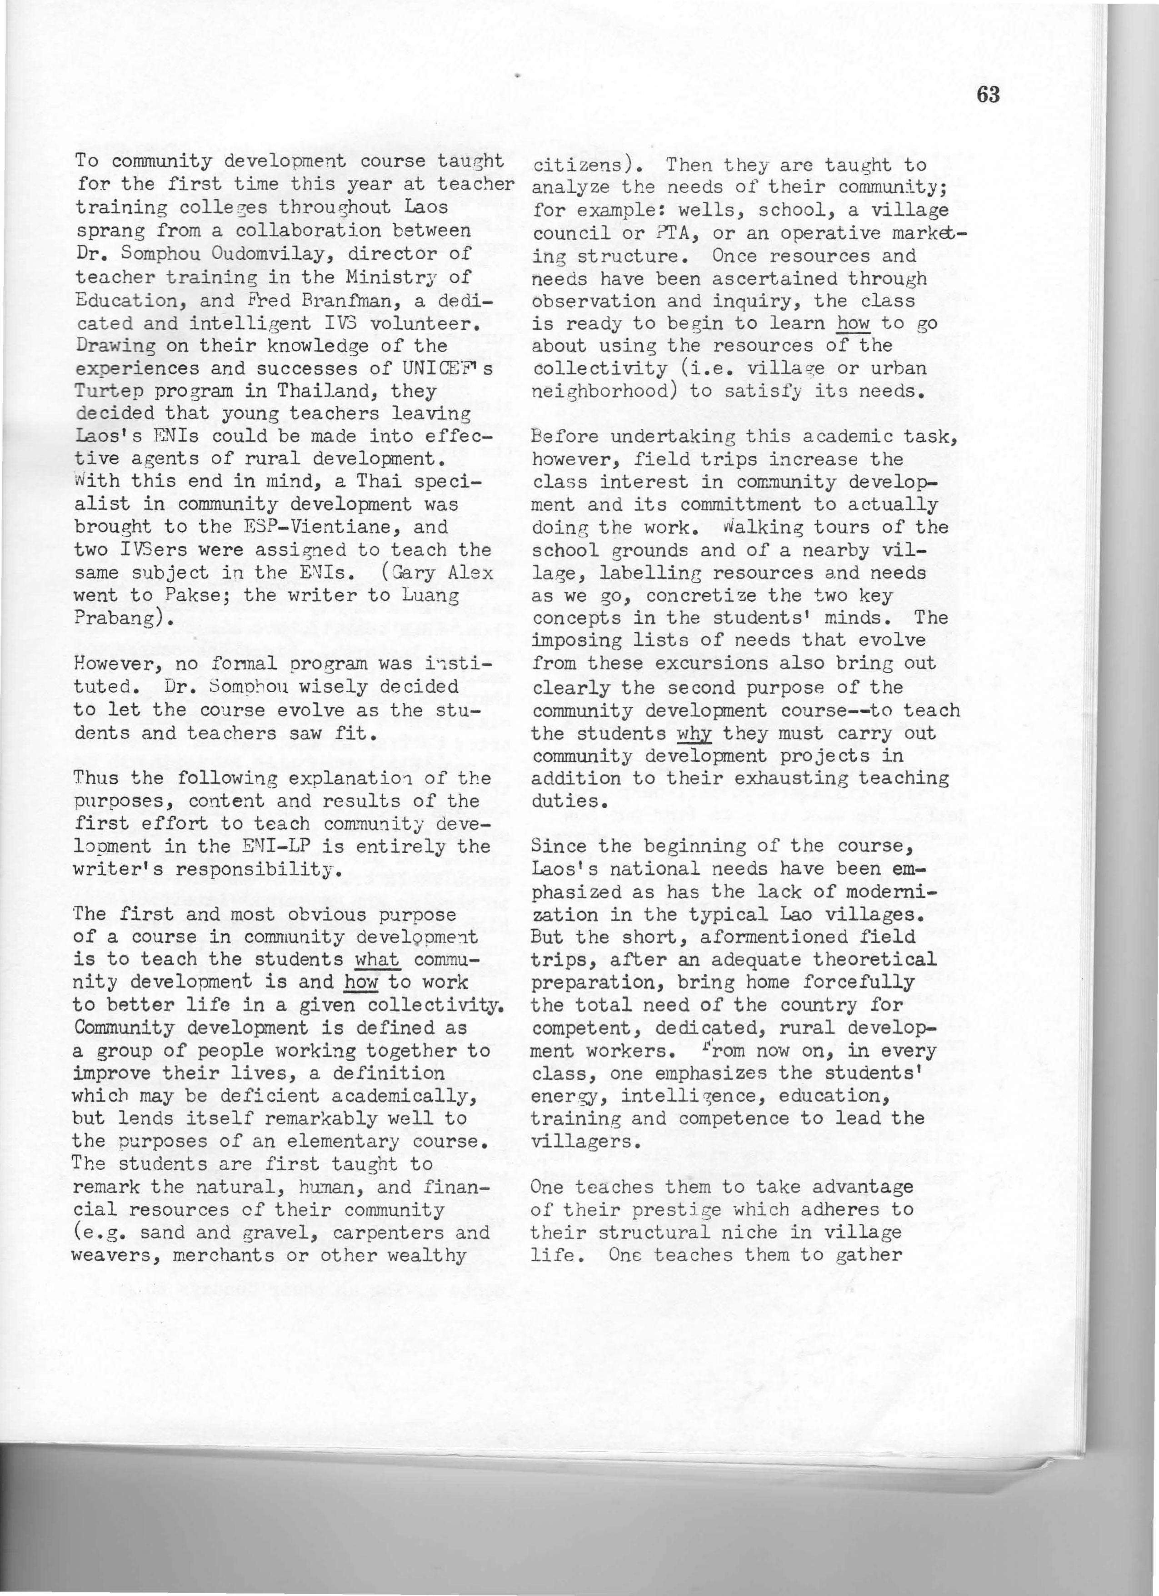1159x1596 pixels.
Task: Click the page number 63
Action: (x=988, y=95)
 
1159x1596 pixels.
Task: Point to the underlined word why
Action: (x=694, y=733)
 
